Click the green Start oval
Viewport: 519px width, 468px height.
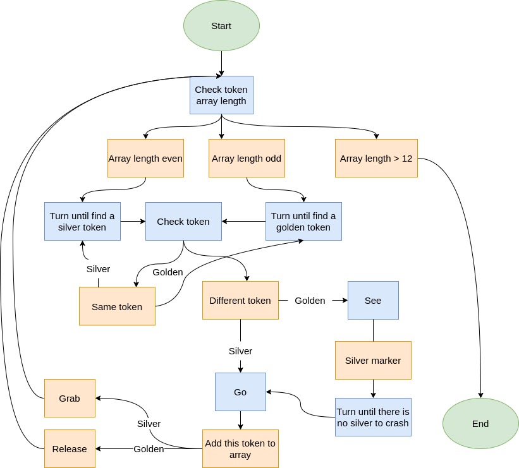pos(221,26)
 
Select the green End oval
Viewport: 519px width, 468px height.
pos(480,423)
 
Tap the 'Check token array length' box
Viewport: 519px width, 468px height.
pos(221,95)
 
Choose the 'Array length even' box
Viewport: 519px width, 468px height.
pos(145,158)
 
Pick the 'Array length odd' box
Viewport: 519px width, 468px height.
pos(247,158)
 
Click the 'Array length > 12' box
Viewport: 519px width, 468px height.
pos(376,158)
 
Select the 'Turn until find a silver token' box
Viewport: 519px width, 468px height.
pos(82,221)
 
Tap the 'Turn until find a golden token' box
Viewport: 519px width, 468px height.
pos(303,221)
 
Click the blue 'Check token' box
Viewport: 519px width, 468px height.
pos(183,221)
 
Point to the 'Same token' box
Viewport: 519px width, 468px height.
pos(117,306)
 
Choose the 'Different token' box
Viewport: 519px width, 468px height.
pos(240,300)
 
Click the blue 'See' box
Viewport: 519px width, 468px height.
pos(373,300)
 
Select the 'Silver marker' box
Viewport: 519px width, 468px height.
pos(373,360)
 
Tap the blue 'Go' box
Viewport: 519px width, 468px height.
pos(240,392)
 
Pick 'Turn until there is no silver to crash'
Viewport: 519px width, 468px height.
pos(373,417)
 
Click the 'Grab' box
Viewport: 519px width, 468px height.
pos(70,398)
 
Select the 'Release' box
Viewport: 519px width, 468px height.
pos(70,448)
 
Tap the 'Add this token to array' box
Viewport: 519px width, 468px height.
pos(240,448)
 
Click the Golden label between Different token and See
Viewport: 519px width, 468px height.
pos(310,301)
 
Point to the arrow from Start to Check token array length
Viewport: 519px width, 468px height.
pos(221,63)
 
